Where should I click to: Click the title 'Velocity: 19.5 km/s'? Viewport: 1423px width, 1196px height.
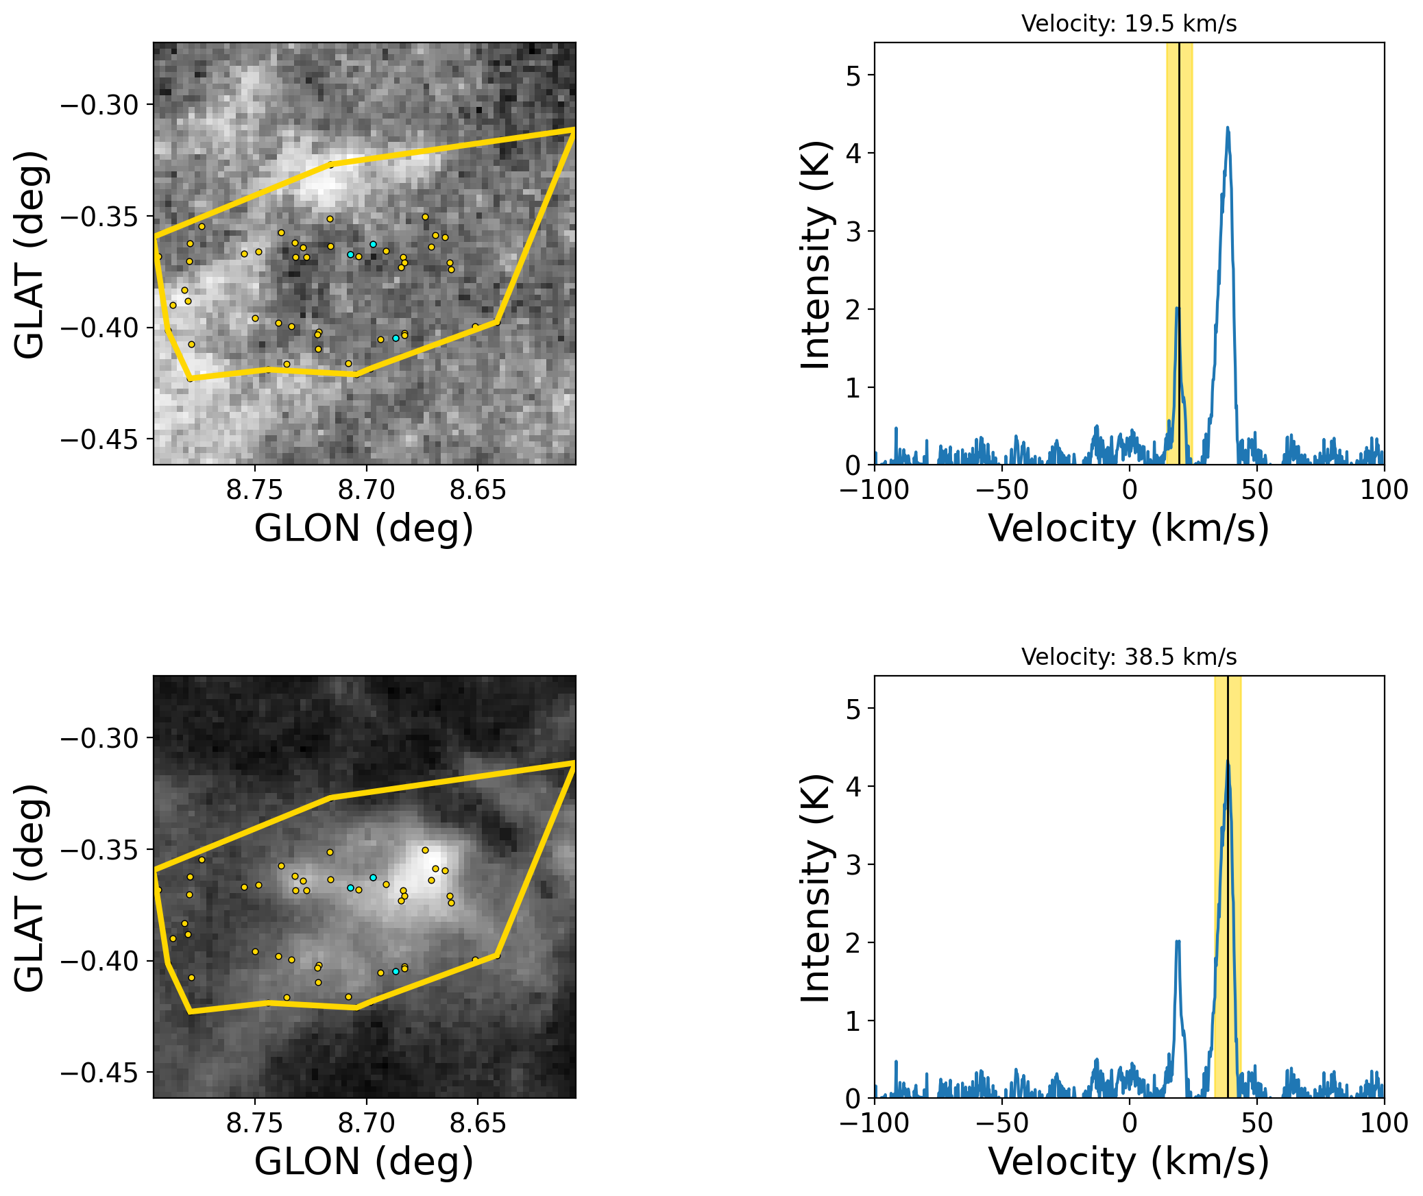point(1128,24)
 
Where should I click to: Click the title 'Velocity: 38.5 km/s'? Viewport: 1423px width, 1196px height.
point(1128,657)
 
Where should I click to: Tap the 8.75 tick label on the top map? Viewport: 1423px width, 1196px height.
point(254,490)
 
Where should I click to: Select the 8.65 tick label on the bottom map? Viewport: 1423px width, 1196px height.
point(478,1123)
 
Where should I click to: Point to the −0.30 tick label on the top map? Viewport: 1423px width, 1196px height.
point(100,106)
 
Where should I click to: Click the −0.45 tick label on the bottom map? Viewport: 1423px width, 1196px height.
point(100,1073)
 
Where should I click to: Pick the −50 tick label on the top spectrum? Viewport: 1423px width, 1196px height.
point(1001,490)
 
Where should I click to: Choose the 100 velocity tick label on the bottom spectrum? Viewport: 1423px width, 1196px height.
point(1384,1123)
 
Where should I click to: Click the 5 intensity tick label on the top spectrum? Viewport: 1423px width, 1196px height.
point(853,75)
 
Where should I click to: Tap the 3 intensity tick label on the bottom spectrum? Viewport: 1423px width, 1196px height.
point(853,865)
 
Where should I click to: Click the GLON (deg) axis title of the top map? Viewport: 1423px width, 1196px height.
point(364,528)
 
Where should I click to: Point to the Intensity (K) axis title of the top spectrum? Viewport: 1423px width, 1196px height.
point(816,254)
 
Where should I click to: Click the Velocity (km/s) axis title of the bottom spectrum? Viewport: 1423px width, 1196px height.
point(1128,1162)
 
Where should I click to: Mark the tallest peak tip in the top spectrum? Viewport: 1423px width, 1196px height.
point(1228,127)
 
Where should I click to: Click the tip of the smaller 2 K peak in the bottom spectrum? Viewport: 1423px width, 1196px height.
point(1178,942)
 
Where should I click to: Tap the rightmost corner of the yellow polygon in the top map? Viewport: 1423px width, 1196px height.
point(574,130)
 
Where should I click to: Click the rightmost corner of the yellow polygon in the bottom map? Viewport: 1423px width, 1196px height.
point(574,763)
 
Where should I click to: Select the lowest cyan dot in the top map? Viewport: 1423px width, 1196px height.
point(396,338)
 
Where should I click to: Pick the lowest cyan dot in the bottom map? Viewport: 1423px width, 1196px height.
point(396,971)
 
